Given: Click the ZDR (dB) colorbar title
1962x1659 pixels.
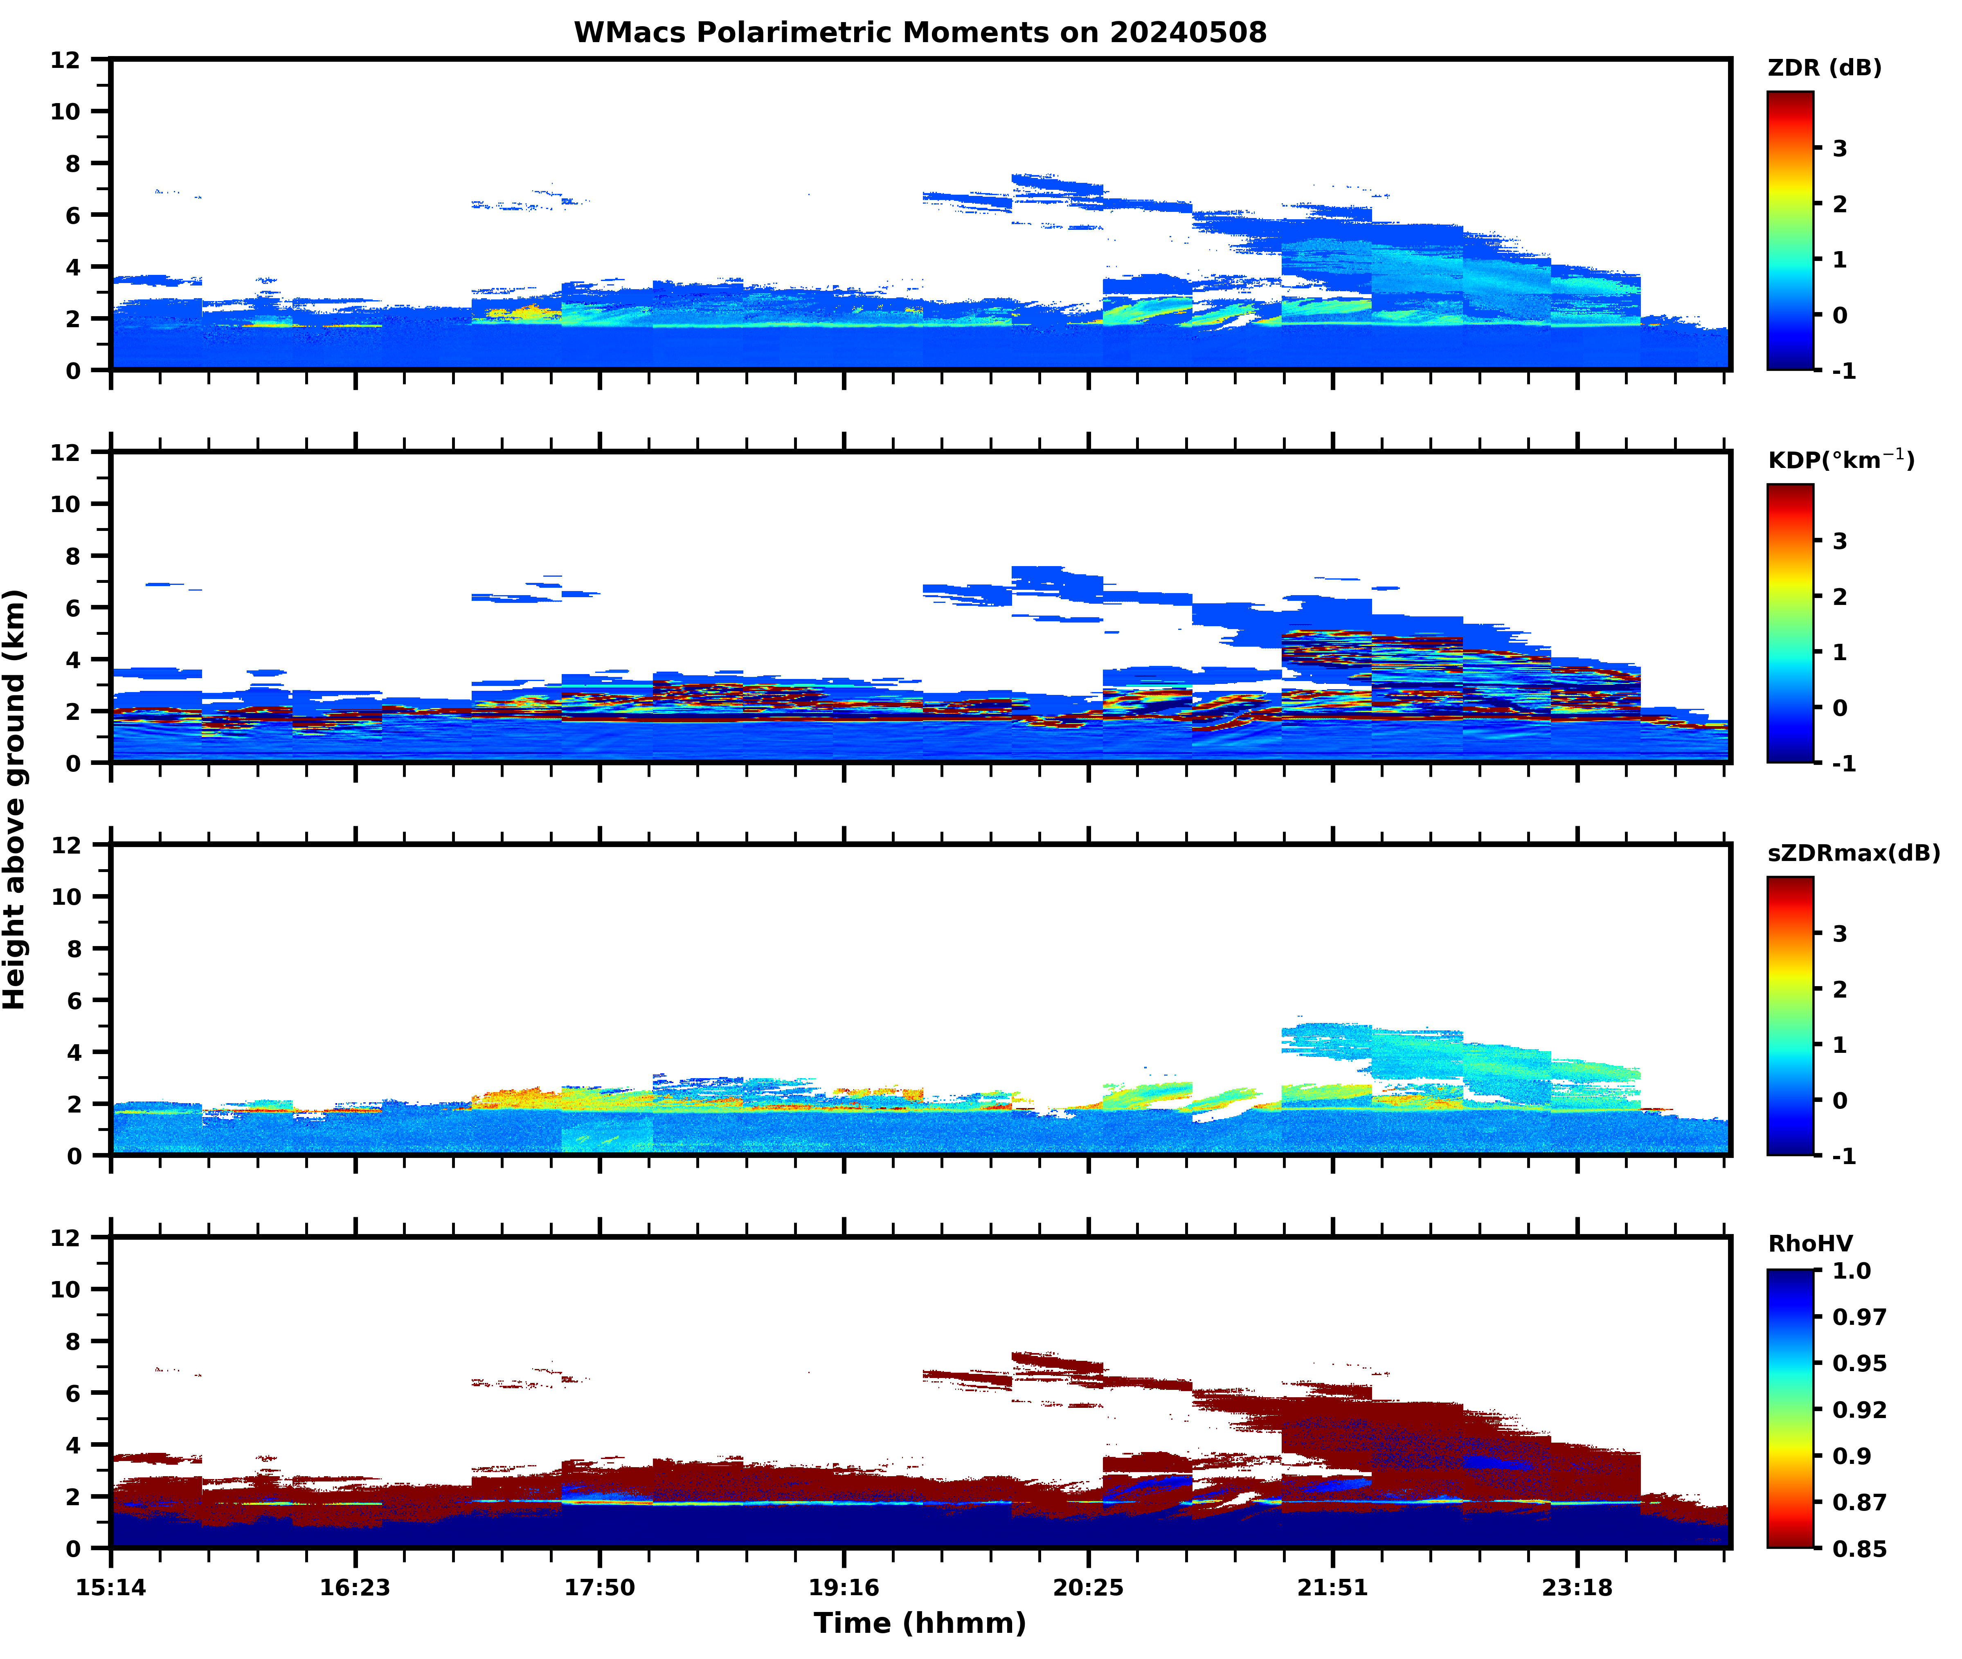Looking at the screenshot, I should pos(1824,68).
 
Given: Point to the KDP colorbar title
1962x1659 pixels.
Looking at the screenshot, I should pos(1840,460).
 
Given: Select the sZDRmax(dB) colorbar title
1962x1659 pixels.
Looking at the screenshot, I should pos(1853,853).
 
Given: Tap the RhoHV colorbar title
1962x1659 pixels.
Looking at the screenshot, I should pos(1810,1243).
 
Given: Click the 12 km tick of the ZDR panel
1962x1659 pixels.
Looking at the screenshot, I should pos(66,59).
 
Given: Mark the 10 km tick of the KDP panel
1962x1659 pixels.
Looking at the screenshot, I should pos(66,504).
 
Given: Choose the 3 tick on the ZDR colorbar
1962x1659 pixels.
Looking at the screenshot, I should pos(1840,148).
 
